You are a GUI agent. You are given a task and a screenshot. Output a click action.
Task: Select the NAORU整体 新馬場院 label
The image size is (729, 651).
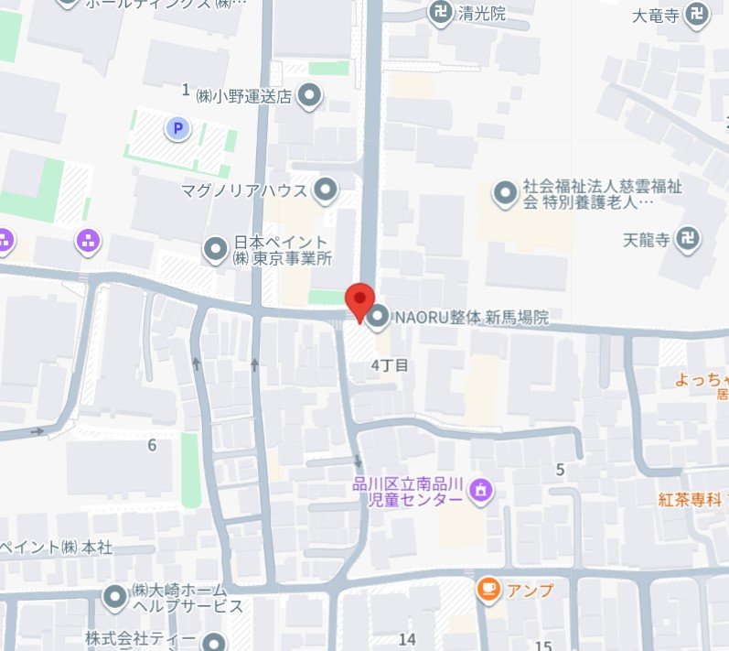coord(470,318)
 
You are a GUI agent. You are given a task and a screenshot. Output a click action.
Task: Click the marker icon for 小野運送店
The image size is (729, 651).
coord(311,94)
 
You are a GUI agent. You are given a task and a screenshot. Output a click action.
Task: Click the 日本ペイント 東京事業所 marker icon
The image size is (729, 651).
coord(216,247)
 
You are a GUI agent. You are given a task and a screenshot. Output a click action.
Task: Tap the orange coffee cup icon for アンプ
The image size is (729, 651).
coord(488,590)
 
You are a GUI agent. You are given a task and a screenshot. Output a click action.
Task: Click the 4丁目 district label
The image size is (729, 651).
coord(389,365)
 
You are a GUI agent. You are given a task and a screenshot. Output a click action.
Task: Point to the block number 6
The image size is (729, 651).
coord(152,446)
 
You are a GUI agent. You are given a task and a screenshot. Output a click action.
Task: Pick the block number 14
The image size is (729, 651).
coord(407,638)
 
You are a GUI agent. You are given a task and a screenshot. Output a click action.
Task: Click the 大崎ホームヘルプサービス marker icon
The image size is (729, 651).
coord(114,597)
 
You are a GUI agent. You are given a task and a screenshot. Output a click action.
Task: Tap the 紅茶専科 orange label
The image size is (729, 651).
coord(691,499)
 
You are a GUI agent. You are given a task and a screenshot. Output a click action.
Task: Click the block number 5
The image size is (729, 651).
coord(560,470)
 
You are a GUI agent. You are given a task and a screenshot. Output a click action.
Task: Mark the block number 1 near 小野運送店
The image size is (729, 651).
coord(186,89)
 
